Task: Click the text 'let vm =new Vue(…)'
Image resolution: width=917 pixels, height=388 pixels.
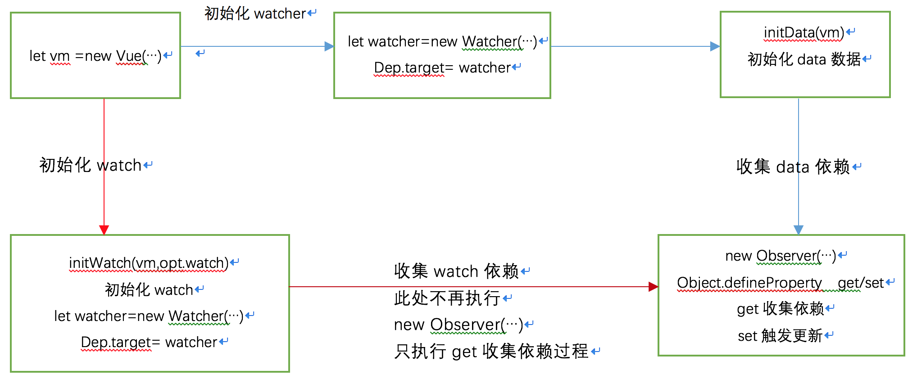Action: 95,56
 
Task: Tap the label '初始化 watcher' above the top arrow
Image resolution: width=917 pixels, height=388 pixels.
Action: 255,14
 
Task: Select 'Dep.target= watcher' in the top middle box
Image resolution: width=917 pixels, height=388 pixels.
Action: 442,68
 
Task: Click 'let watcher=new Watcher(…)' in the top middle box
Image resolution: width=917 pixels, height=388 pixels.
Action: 442,41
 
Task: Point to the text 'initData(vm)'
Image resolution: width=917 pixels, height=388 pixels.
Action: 804,32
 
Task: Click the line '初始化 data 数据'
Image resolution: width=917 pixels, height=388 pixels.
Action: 804,59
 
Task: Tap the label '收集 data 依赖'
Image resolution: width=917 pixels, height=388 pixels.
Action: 793,167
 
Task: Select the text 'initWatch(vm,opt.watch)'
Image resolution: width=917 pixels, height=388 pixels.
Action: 149,263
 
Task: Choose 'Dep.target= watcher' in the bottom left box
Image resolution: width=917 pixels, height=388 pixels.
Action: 149,343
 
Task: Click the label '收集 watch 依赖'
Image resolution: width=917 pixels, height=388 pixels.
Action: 457,271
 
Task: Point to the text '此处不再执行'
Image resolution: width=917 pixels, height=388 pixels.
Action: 447,298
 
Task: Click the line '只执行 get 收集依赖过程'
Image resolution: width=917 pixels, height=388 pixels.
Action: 491,351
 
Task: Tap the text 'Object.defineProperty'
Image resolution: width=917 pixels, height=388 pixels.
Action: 749,283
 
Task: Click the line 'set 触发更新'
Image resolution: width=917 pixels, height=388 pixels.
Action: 780,336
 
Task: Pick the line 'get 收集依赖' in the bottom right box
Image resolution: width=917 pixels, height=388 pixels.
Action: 781,309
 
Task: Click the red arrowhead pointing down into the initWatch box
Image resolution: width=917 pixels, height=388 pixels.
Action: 104,230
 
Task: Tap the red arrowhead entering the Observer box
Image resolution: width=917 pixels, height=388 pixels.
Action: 654,287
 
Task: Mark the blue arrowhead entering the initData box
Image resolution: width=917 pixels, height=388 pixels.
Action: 715,46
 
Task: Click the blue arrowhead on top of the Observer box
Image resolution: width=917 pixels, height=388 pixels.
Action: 799,230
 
